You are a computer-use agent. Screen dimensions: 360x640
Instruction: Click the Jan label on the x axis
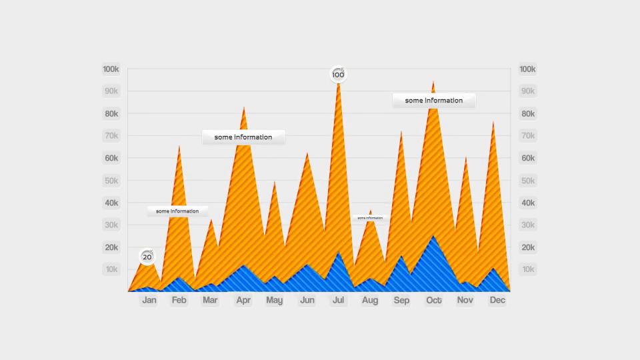pos(149,300)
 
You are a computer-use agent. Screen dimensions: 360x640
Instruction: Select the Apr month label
pos(243,300)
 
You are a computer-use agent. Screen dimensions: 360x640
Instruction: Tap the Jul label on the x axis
pos(338,300)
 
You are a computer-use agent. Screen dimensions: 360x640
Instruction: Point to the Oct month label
pos(434,300)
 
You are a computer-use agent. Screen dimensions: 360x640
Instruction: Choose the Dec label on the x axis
pos(497,300)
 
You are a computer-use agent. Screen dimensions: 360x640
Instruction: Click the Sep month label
pos(401,300)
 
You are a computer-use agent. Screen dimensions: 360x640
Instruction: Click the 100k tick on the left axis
pos(111,69)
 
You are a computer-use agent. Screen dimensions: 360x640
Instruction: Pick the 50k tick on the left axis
pos(111,181)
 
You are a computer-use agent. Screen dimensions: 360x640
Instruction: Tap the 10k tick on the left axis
pos(111,269)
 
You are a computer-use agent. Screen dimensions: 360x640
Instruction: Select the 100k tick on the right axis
pos(527,69)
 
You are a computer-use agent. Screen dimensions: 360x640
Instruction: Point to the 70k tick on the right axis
pos(527,136)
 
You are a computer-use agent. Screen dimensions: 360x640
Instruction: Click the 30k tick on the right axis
pos(527,225)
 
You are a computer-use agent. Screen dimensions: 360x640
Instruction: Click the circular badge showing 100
pos(339,75)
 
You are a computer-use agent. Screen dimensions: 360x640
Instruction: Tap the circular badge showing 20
pos(147,257)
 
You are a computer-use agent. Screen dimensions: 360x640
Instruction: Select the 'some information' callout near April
pos(243,137)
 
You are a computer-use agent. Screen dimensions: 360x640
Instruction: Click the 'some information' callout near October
pos(433,101)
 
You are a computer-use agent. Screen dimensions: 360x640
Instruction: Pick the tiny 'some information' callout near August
pos(370,218)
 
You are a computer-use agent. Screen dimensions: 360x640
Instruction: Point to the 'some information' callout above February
pos(177,211)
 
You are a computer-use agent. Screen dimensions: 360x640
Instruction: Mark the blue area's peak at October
pos(433,236)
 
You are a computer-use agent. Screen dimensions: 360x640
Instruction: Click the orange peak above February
pos(179,146)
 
